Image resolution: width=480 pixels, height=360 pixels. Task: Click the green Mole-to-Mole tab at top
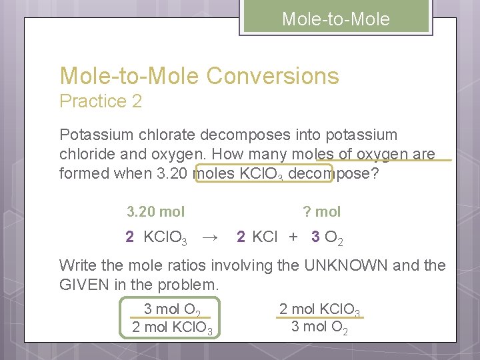pos(335,19)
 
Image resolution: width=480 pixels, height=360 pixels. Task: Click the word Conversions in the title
pos(273,76)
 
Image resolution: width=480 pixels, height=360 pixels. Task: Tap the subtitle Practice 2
pos(101,101)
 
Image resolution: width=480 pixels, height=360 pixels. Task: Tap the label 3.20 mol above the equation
pos(156,212)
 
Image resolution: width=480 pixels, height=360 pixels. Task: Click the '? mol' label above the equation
pos(321,212)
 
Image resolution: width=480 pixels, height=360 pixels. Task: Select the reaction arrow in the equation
pos(210,237)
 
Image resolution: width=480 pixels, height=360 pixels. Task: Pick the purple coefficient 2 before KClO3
pos(129,237)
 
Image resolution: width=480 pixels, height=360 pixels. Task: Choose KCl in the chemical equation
pos(265,237)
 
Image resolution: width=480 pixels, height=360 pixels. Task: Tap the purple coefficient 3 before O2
pos(315,237)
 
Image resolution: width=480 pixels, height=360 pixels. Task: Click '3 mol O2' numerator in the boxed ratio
pos(172,309)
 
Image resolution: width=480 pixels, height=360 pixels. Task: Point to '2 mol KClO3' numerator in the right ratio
pos(320,309)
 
